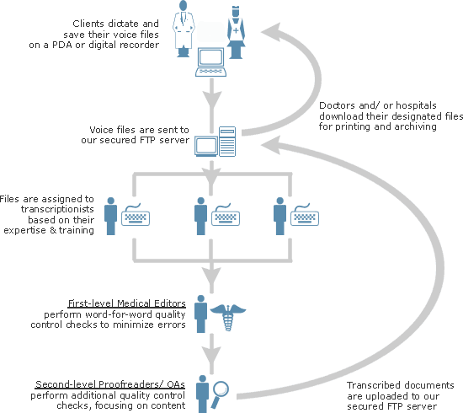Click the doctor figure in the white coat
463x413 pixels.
184,29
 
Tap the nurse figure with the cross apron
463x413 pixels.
236,32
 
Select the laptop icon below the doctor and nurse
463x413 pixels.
210,62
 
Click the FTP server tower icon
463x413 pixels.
227,142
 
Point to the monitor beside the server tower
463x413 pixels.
206,147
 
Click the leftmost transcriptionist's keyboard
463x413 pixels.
136,215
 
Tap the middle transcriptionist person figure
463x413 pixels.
201,216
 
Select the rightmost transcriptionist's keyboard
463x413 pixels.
305,215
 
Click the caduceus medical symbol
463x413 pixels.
228,317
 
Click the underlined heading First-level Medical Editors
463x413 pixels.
126,303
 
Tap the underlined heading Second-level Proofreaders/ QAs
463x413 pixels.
110,384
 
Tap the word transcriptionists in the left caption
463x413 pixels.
57,209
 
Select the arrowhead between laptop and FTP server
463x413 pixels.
211,99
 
